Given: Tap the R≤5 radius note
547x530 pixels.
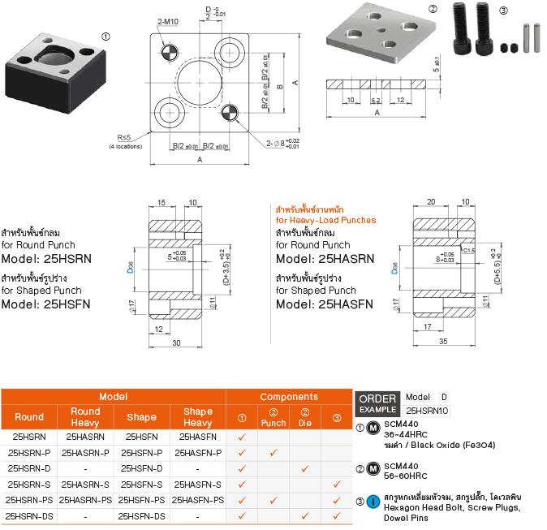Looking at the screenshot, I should (x=124, y=137).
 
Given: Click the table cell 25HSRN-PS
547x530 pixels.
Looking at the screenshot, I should (x=29, y=500).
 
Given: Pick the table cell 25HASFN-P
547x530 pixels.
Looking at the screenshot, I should (x=197, y=453).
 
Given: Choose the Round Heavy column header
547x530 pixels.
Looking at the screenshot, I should (x=85, y=416).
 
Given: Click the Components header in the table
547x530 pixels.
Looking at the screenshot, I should (x=289, y=397).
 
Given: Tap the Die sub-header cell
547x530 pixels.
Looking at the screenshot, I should (x=305, y=417).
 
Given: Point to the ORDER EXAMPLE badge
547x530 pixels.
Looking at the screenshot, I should (x=377, y=403).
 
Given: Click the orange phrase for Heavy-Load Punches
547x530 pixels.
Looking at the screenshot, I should (x=325, y=220).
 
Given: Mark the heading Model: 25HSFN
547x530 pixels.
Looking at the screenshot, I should (x=45, y=304).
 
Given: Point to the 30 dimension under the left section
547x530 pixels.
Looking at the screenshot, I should (x=175, y=343).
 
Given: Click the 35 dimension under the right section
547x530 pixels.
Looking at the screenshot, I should (x=442, y=343).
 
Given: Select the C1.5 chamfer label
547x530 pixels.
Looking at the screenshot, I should (x=469, y=250).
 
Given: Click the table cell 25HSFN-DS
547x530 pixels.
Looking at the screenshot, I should (x=141, y=515).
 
